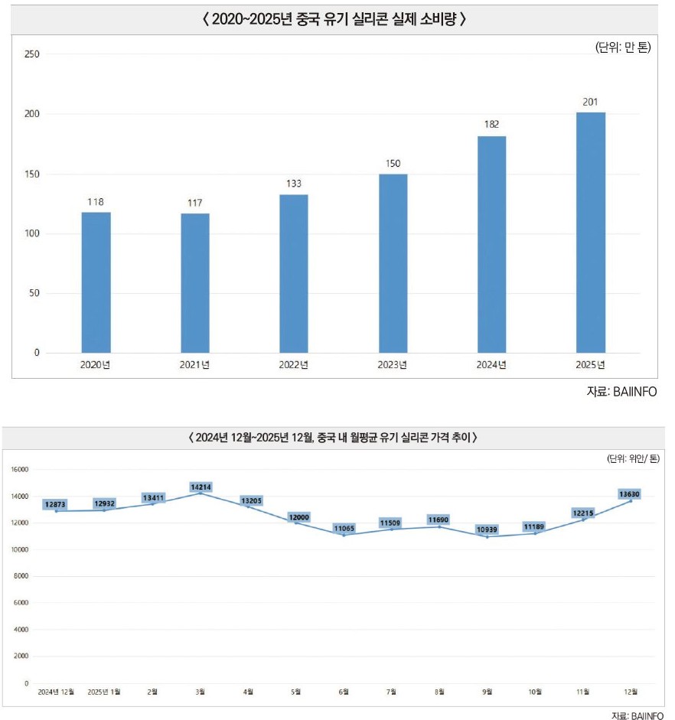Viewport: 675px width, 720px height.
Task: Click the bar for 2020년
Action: coord(96,282)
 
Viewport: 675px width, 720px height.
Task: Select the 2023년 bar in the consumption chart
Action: coord(393,263)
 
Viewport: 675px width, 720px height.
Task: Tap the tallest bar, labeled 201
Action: coord(591,233)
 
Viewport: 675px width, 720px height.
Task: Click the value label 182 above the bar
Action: coord(491,125)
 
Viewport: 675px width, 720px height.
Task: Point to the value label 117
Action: coord(194,203)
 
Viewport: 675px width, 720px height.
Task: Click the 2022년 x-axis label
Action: coord(293,365)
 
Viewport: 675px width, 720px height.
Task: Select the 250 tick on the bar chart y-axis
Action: coord(32,54)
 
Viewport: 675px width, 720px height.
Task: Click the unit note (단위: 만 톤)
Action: coord(623,47)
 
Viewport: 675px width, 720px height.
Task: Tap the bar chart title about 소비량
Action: coord(334,19)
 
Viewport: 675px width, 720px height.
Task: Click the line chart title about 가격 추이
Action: coord(333,437)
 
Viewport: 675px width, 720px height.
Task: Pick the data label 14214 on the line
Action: coord(201,487)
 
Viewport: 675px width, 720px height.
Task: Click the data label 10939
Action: coord(487,529)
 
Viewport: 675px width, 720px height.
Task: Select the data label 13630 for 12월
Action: coord(629,494)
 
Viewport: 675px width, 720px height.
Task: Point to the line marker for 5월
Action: coord(295,523)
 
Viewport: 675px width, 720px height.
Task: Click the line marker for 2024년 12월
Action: coord(57,511)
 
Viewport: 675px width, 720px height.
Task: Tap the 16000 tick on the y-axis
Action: coord(20,470)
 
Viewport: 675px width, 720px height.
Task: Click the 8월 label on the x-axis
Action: coord(439,692)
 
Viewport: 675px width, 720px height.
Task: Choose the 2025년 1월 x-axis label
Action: coord(104,692)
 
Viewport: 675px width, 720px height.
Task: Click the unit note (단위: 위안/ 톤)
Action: coord(633,458)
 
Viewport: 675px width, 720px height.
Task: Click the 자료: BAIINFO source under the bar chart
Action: coord(621,392)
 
